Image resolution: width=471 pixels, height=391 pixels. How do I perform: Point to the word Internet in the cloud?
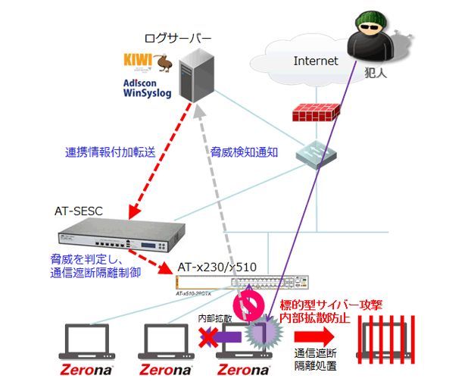(x=316, y=61)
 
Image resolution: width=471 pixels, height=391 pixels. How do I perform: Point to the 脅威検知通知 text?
(x=244, y=152)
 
